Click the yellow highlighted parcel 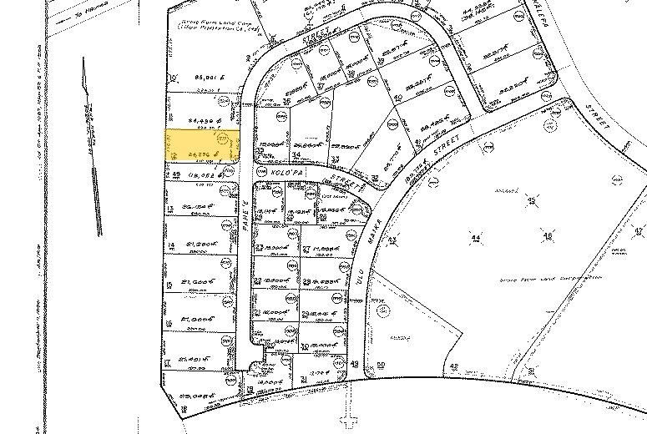coord(200,146)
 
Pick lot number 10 coord(173,78)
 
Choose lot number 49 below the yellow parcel coord(176,174)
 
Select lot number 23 coord(260,247)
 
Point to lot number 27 coord(306,250)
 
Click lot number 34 coord(296,155)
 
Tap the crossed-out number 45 coord(532,200)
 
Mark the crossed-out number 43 coord(391,240)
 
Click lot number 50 coord(382,365)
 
